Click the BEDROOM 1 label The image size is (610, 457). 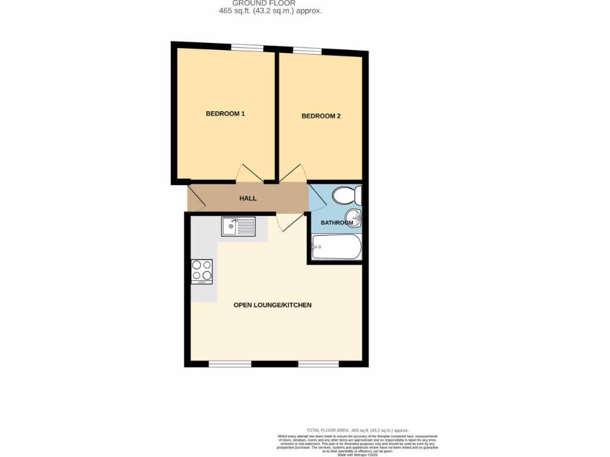(225, 114)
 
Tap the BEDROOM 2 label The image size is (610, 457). (321, 116)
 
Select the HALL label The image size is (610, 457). (248, 198)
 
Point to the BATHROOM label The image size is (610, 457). (337, 223)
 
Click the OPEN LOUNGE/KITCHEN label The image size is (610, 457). (272, 305)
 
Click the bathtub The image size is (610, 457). (337, 246)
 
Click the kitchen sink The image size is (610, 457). (238, 226)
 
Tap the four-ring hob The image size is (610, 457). (202, 271)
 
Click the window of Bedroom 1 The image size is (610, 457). (247, 48)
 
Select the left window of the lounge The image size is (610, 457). (230, 363)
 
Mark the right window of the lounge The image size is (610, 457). (318, 363)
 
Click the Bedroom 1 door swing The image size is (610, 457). (249, 173)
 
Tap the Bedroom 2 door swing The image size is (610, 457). (294, 173)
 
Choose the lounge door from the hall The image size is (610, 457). (289, 223)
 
